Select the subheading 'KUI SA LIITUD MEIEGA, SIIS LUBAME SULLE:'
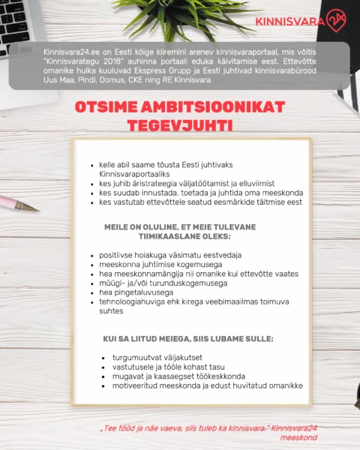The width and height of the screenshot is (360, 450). tap(188, 338)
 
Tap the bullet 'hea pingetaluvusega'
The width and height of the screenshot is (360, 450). tap(136, 292)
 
